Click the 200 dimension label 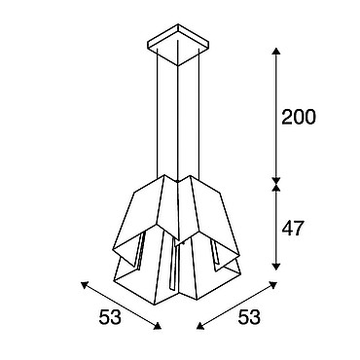click(298, 117)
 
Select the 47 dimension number click(293, 228)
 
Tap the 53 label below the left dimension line click(110, 316)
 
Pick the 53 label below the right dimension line click(249, 316)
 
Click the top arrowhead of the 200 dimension click(275, 51)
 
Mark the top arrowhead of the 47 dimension click(275, 188)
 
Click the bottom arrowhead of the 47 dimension click(275, 267)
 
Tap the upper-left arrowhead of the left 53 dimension click(85, 285)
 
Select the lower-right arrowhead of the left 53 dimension click(158, 326)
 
